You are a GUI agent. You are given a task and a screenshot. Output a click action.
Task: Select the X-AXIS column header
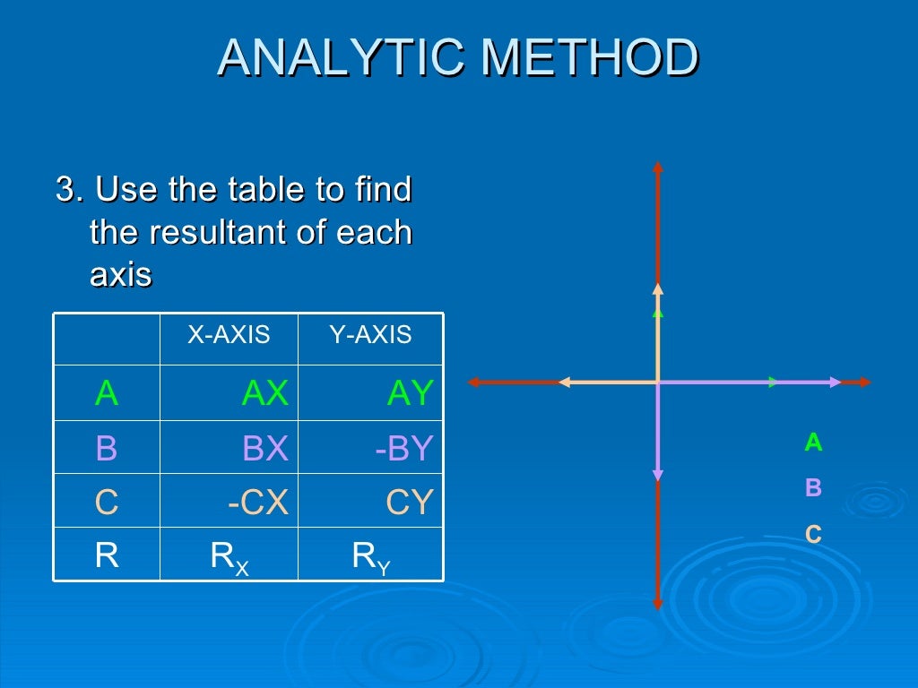(229, 335)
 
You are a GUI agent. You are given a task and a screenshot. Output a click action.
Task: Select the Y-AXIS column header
(370, 335)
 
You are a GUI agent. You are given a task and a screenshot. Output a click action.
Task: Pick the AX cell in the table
(265, 393)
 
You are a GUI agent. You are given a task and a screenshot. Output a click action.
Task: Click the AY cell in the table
(410, 393)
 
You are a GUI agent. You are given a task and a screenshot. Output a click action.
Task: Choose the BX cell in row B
(265, 448)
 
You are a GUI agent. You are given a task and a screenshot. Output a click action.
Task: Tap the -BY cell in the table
(404, 448)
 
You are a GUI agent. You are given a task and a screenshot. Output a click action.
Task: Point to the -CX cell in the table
(258, 503)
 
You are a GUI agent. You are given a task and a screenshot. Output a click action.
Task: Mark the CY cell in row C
(410, 503)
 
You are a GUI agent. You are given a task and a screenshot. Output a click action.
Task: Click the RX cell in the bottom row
(229, 557)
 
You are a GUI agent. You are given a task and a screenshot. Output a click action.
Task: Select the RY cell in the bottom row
(371, 557)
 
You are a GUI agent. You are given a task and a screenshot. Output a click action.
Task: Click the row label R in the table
(107, 556)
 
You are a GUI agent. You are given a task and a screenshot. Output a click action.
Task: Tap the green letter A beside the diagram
(813, 442)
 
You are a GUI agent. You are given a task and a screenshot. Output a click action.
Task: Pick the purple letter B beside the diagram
(813, 488)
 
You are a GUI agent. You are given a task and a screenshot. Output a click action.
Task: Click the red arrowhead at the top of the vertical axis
(658, 167)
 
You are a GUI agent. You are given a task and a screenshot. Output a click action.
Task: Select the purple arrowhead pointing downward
(658, 476)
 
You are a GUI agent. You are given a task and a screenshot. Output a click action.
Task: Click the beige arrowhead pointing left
(564, 383)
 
